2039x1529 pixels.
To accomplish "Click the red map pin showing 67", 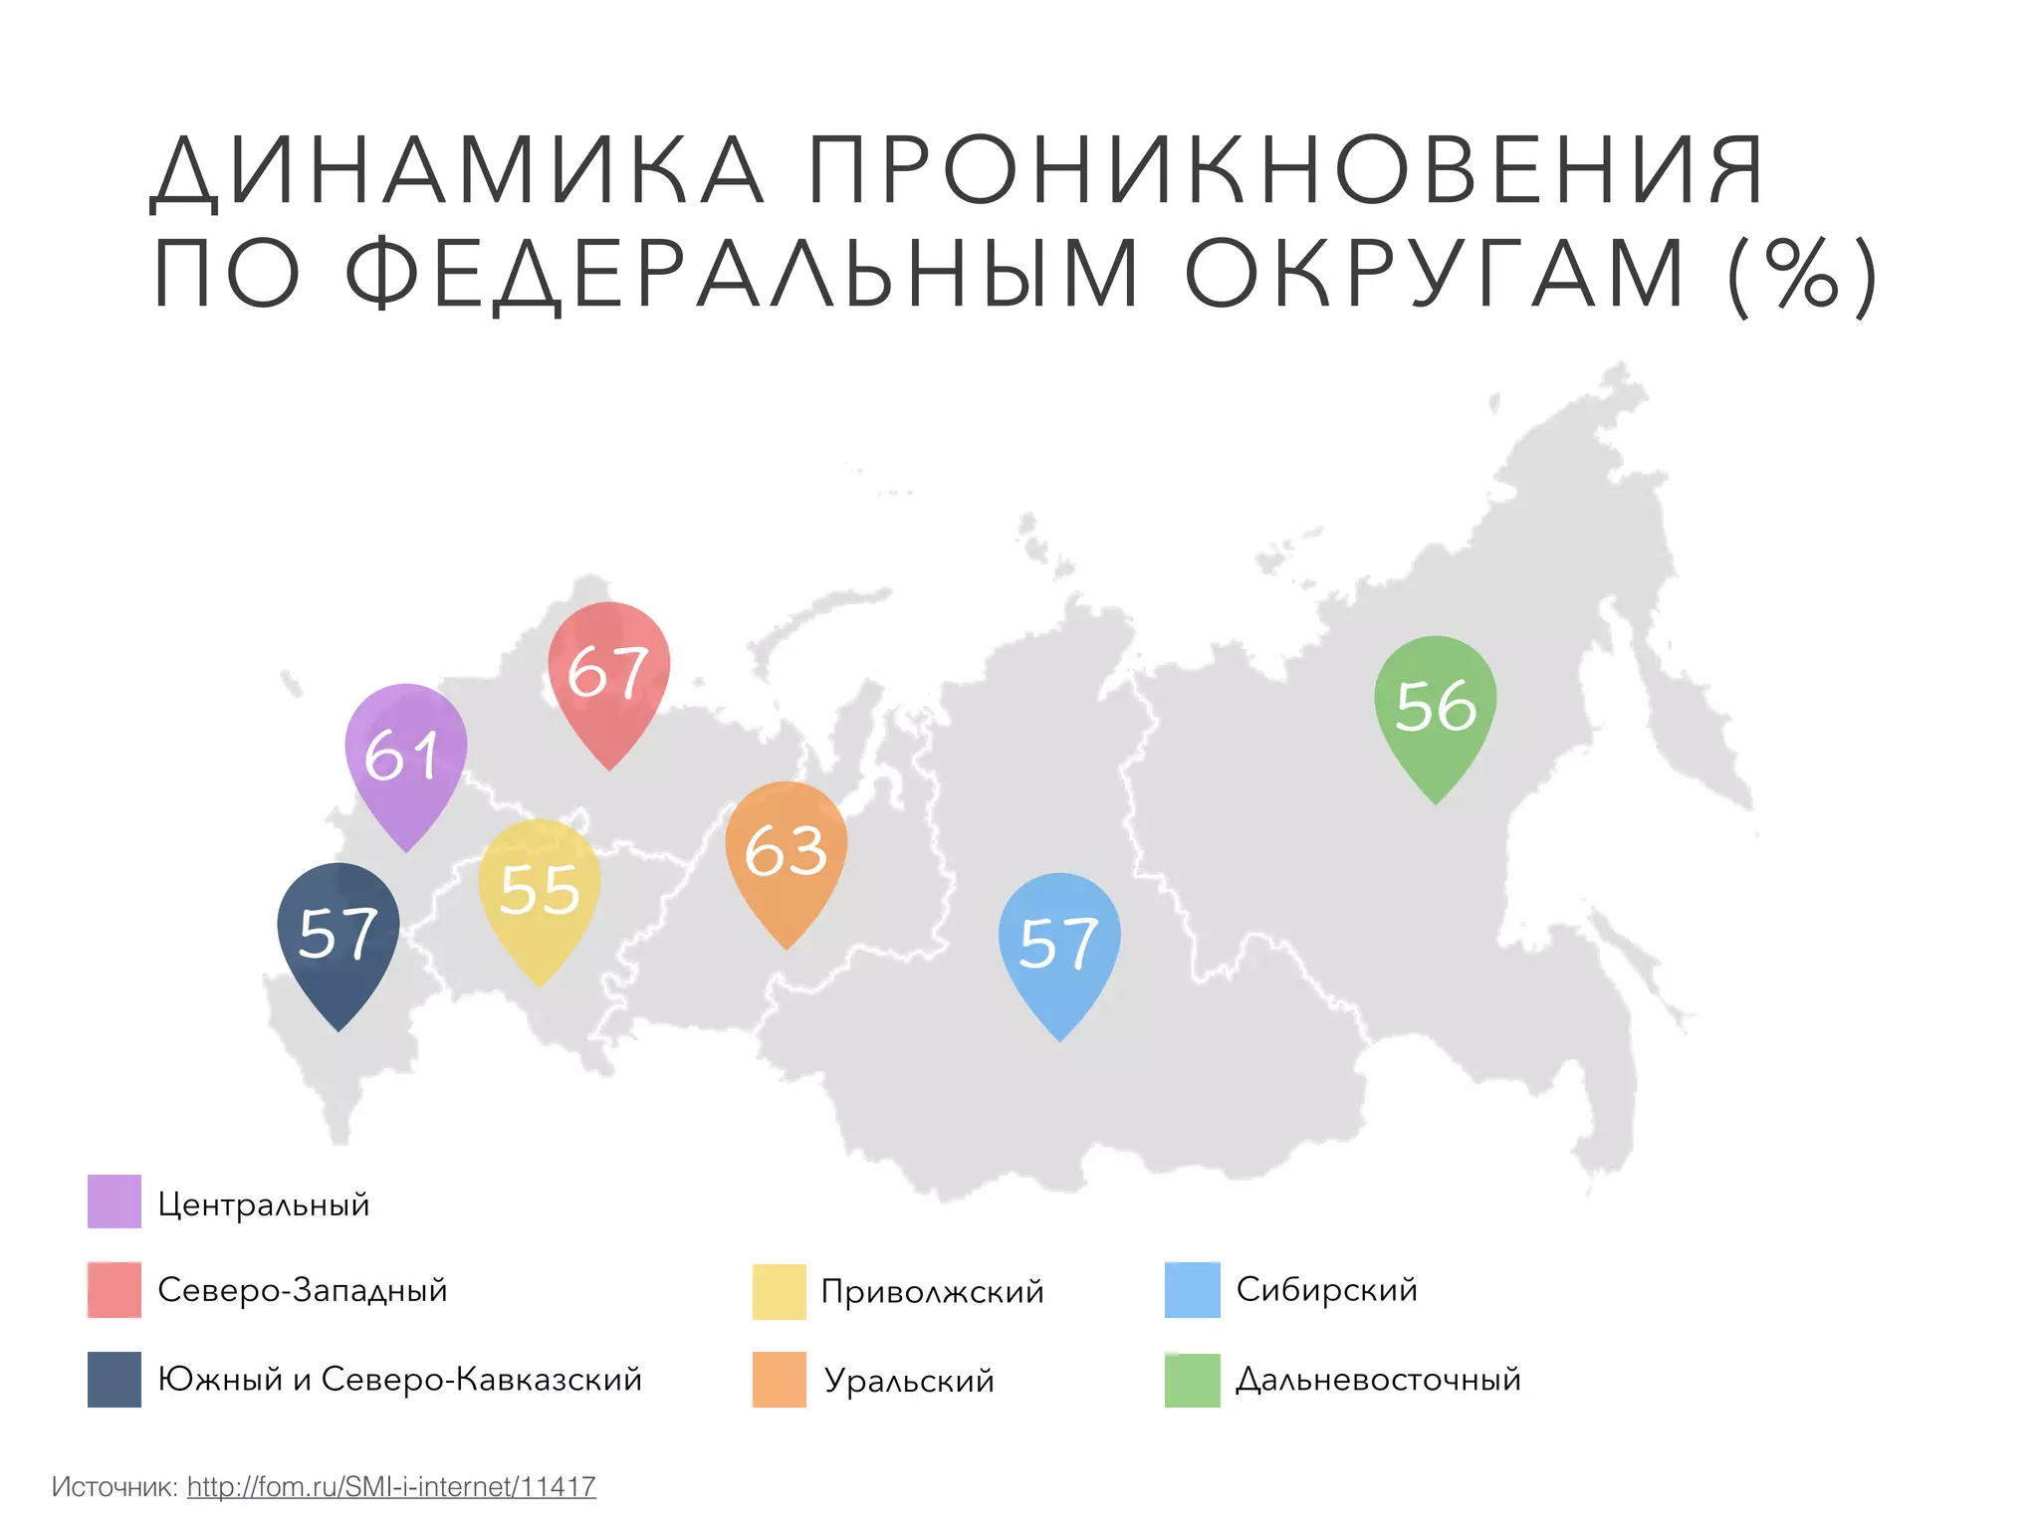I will (x=608, y=671).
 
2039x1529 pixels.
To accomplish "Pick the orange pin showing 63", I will (x=786, y=851).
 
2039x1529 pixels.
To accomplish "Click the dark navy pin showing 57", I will (x=339, y=934).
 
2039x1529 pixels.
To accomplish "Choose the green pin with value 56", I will (x=1435, y=706).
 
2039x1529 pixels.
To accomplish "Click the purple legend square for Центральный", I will (x=114, y=1201).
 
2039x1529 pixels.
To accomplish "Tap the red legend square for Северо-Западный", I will (x=114, y=1290).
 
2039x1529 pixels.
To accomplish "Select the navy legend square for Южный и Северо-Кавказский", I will (x=114, y=1379).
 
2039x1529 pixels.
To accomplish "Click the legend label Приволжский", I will (x=932, y=1292).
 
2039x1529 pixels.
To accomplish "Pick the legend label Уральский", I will (x=909, y=1381).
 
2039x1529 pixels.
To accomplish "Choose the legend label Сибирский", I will (x=1326, y=1290).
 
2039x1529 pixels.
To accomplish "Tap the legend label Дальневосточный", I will (x=1378, y=1380).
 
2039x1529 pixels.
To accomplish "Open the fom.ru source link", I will (x=391, y=1486).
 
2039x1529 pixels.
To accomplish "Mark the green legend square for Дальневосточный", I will (x=1192, y=1380).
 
